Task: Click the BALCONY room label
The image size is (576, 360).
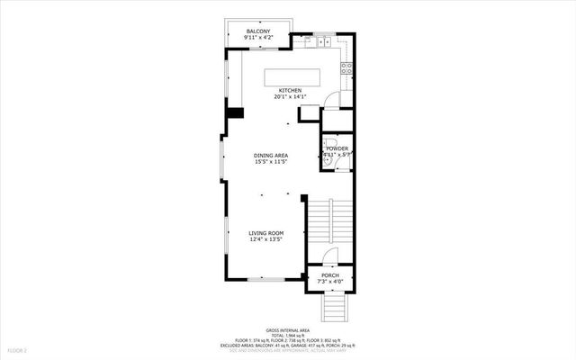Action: coord(258,31)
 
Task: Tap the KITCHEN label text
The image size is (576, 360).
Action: coord(289,90)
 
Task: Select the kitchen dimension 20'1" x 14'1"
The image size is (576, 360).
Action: coord(289,97)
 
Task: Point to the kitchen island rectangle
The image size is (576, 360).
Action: coord(291,75)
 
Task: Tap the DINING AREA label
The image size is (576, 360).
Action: coord(270,156)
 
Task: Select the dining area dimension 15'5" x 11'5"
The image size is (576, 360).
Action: coord(270,162)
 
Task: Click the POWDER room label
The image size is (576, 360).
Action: coord(337,148)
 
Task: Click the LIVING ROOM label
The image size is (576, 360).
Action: coord(266,233)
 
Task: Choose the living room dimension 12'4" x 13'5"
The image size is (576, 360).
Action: coord(266,239)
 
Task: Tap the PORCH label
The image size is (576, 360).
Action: coord(330,275)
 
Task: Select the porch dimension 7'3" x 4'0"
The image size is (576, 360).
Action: coord(330,282)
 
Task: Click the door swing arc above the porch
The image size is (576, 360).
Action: coord(330,257)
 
